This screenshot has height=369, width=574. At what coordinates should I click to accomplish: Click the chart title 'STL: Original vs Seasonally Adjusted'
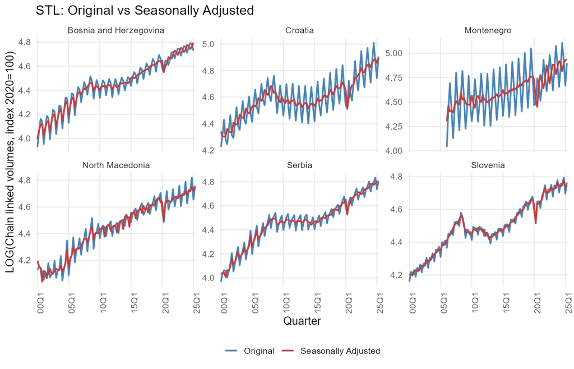point(145,10)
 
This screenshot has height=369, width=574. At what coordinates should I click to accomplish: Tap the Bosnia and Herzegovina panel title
point(116,30)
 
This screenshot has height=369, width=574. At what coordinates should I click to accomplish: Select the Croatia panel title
point(300,30)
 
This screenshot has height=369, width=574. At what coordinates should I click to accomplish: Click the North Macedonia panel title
point(116,165)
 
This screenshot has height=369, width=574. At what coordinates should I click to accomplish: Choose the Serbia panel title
point(300,165)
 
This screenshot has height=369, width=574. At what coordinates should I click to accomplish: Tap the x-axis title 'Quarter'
point(302,321)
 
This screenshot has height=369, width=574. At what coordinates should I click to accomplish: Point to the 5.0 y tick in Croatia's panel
point(209,44)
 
